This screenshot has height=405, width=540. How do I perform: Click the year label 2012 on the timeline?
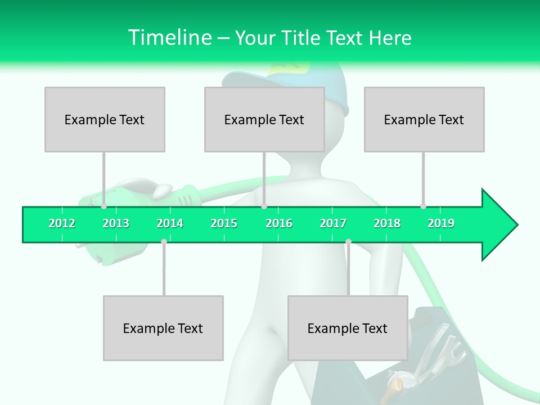62,223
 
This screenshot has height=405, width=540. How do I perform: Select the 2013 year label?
116,223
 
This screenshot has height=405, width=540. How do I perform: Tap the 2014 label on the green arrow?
170,223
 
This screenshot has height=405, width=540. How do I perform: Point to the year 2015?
224,223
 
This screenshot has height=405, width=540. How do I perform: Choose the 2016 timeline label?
279,223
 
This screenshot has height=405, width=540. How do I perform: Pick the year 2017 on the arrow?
333,223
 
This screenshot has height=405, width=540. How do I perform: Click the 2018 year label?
387,223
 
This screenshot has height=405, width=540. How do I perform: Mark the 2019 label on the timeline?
441,223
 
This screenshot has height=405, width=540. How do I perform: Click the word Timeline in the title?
169,38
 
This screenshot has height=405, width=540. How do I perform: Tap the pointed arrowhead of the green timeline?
501,224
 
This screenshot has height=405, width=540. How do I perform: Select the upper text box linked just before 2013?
105,119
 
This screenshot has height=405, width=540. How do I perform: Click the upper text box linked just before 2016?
264,119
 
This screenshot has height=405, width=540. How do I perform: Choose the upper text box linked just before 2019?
424,119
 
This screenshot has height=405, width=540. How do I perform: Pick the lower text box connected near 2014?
163,328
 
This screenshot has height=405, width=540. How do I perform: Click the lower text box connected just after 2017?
348,328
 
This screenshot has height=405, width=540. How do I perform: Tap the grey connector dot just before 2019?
423,206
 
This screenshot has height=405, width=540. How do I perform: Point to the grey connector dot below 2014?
164,241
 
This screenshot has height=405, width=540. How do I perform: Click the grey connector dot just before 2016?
264,206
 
